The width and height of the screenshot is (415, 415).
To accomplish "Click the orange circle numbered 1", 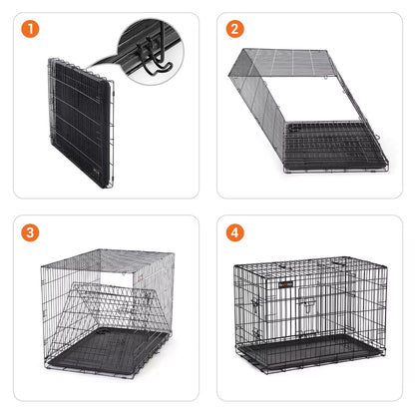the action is pyautogui.click(x=30, y=29).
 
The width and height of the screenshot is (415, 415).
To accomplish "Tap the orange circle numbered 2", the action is pyautogui.click(x=235, y=29).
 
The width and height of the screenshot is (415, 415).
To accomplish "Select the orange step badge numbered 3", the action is pyautogui.click(x=30, y=232).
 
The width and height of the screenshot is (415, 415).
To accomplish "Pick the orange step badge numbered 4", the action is pyautogui.click(x=235, y=232).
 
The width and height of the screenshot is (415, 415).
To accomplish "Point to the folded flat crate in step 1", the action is pyautogui.click(x=81, y=123).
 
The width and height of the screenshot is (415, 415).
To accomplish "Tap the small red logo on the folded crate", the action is pyautogui.click(x=97, y=171).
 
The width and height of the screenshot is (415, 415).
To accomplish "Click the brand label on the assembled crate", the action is pyautogui.click(x=286, y=284).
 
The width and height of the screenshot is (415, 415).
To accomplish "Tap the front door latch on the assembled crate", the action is pyautogui.click(x=309, y=304).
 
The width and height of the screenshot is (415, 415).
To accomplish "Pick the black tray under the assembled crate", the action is pyautogui.click(x=309, y=351).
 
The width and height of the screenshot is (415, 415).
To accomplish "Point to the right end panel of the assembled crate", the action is pyautogui.click(x=366, y=309).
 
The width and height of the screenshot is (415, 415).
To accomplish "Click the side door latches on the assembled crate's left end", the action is pyautogui.click(x=255, y=316).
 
